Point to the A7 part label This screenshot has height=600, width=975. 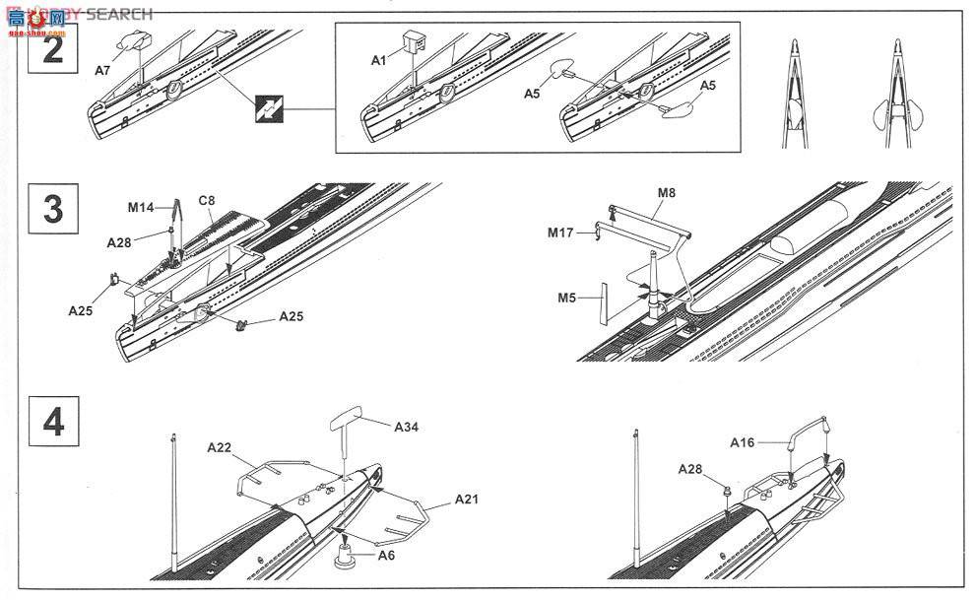pyautogui.click(x=103, y=70)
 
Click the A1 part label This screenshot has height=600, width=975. pyautogui.click(x=379, y=61)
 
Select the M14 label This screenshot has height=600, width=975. pyautogui.click(x=141, y=208)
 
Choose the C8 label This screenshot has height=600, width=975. pyautogui.click(x=207, y=201)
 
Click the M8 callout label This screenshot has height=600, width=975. pyautogui.click(x=666, y=193)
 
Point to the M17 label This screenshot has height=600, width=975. pyautogui.click(x=562, y=233)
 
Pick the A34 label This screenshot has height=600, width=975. pyautogui.click(x=407, y=427)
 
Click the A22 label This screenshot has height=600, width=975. pyautogui.click(x=220, y=447)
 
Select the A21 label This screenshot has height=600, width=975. pyautogui.click(x=467, y=500)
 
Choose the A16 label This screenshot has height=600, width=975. pyautogui.click(x=742, y=442)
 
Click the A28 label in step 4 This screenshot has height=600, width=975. pyautogui.click(x=691, y=469)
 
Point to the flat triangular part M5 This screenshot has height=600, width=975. pyautogui.click(x=600, y=303)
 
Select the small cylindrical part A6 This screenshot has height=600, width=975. pyautogui.click(x=347, y=556)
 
